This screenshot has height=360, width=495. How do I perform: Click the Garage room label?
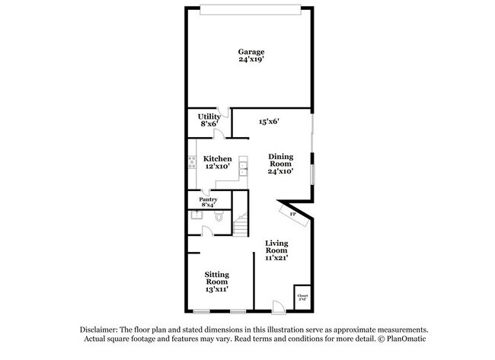251,52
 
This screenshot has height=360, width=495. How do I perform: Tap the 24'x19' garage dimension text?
251,60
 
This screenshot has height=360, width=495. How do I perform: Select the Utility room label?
209,116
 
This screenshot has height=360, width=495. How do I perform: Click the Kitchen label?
217,159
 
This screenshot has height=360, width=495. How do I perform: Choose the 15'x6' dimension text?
270,121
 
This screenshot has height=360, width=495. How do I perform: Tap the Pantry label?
208,199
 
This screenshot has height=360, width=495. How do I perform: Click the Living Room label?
276,247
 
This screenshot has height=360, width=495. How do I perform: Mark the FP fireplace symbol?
293,214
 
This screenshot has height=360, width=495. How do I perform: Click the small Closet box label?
302,296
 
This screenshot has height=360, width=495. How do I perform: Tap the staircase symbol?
241,225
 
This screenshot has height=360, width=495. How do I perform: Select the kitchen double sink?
243,167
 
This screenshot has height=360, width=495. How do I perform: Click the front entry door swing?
278,306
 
